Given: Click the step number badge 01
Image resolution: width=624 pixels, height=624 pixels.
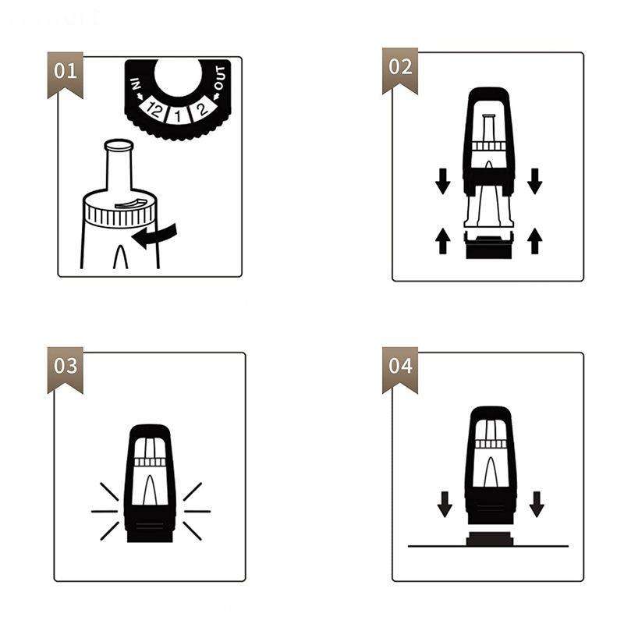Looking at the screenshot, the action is pos(66,74).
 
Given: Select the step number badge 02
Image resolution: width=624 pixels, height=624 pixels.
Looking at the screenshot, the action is pos(400,70).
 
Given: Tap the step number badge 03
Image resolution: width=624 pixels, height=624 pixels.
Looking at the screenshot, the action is pos(66,370).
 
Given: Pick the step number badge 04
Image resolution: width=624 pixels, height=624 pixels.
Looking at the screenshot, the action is pos(400,370).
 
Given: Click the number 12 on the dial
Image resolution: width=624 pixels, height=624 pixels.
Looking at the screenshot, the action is pos(154,109).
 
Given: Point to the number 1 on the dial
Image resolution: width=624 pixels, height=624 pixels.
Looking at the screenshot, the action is pos(178,115).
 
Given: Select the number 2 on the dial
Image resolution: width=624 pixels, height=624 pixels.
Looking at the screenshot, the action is pos(202,108).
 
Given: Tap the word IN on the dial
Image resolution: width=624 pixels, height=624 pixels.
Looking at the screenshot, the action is pos(136,84).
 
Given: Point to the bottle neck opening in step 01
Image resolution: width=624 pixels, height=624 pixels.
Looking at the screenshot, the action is pos(119,144).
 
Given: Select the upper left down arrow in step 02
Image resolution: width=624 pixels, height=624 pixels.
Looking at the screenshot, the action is pos(442,182).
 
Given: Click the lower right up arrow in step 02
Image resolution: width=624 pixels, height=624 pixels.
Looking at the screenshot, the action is pos(534,241).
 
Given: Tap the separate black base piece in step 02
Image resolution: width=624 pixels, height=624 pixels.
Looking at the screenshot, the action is pos(489,247).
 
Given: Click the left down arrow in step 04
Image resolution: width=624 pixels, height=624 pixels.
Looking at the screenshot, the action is pos(445,504).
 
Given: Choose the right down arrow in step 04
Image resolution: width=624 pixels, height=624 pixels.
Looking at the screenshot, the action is pos(537,504).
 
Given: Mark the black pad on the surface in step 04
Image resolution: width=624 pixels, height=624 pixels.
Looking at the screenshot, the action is pos(490,538).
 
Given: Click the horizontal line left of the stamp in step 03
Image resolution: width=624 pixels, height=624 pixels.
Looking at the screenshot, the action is pos(105,512).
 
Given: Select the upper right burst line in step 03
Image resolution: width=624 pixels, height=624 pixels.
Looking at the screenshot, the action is pos(193,491).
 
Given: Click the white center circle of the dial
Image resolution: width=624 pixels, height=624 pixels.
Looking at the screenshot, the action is pos(177,77).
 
